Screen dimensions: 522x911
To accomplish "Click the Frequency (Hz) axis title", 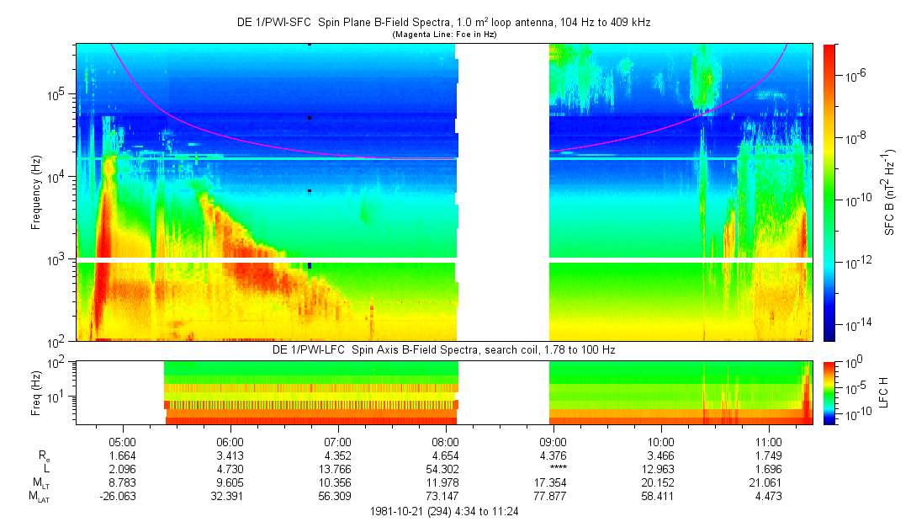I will (x=36, y=193).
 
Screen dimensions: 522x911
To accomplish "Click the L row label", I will (x=46, y=468).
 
